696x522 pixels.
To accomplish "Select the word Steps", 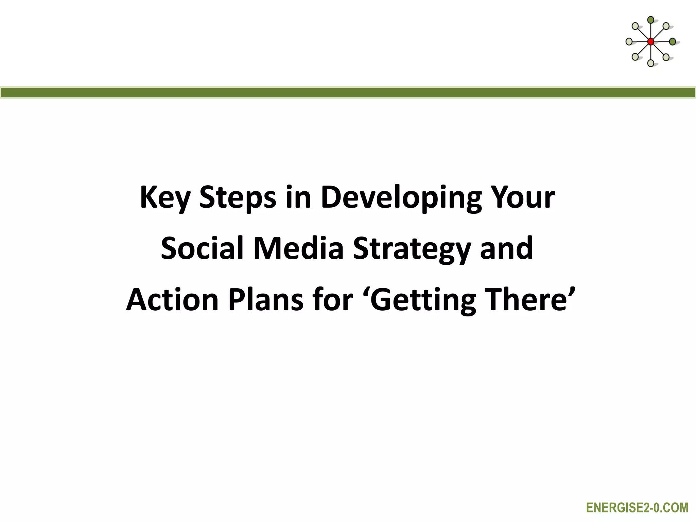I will [x=238, y=198].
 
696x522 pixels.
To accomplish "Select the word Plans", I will [x=265, y=300].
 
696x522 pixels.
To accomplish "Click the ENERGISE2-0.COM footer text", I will [x=637, y=508].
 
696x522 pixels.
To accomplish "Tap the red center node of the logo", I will [x=650, y=42].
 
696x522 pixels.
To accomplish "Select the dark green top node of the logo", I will [x=650, y=20].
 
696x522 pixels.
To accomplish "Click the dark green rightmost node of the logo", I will [x=672, y=42].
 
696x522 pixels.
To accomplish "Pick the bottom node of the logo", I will [x=650, y=63].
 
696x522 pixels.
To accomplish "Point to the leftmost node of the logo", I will [x=629, y=42].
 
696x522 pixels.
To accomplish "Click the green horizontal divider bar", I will [x=348, y=92].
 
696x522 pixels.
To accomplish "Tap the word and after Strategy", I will [x=506, y=248].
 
